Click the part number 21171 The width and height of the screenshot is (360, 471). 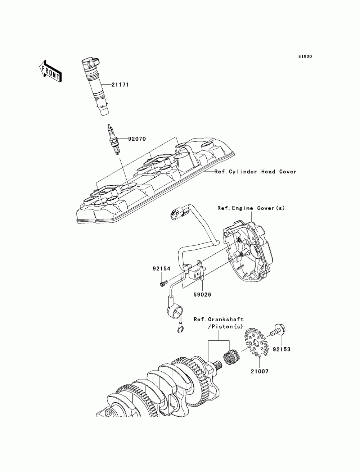tap(120, 85)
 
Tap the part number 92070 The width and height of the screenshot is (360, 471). tap(137, 139)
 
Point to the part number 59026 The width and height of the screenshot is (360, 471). tap(202, 295)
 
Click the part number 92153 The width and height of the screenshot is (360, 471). tap(282, 349)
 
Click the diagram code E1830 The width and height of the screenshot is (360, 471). tap(305, 56)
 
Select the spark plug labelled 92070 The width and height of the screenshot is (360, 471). tap(114, 139)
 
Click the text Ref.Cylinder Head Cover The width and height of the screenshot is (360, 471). tap(255, 172)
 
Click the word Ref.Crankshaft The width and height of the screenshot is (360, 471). tap(219, 320)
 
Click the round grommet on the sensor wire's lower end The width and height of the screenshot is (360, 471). tap(175, 310)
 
